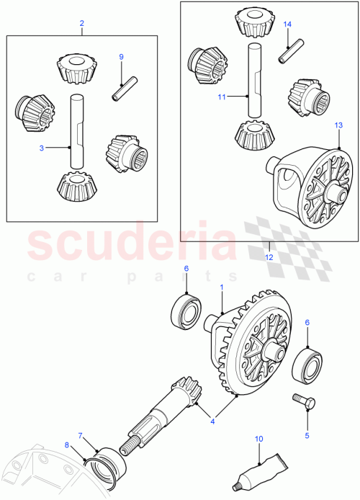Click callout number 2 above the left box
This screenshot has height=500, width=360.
point(81,23)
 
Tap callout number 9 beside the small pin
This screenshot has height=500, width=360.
point(121,56)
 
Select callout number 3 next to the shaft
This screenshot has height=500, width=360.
point(41,147)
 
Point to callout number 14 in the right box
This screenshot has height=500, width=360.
point(287,24)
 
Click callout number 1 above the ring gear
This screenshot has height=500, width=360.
point(222,287)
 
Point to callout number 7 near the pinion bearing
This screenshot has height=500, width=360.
point(81,436)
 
